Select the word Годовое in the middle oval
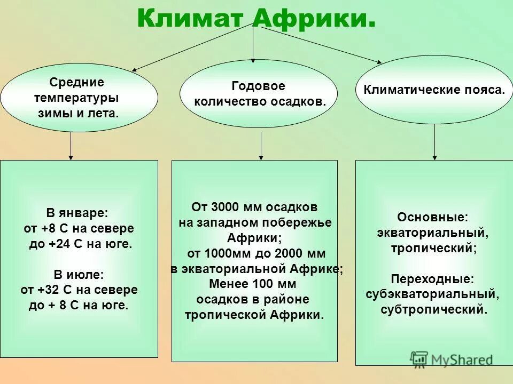pyautogui.click(x=259, y=86)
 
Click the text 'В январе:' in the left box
pyautogui.click(x=79, y=213)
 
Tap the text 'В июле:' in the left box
pyautogui.click(x=79, y=275)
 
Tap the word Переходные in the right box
pyautogui.click(x=433, y=279)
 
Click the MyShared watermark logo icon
pyautogui.click(x=419, y=358)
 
